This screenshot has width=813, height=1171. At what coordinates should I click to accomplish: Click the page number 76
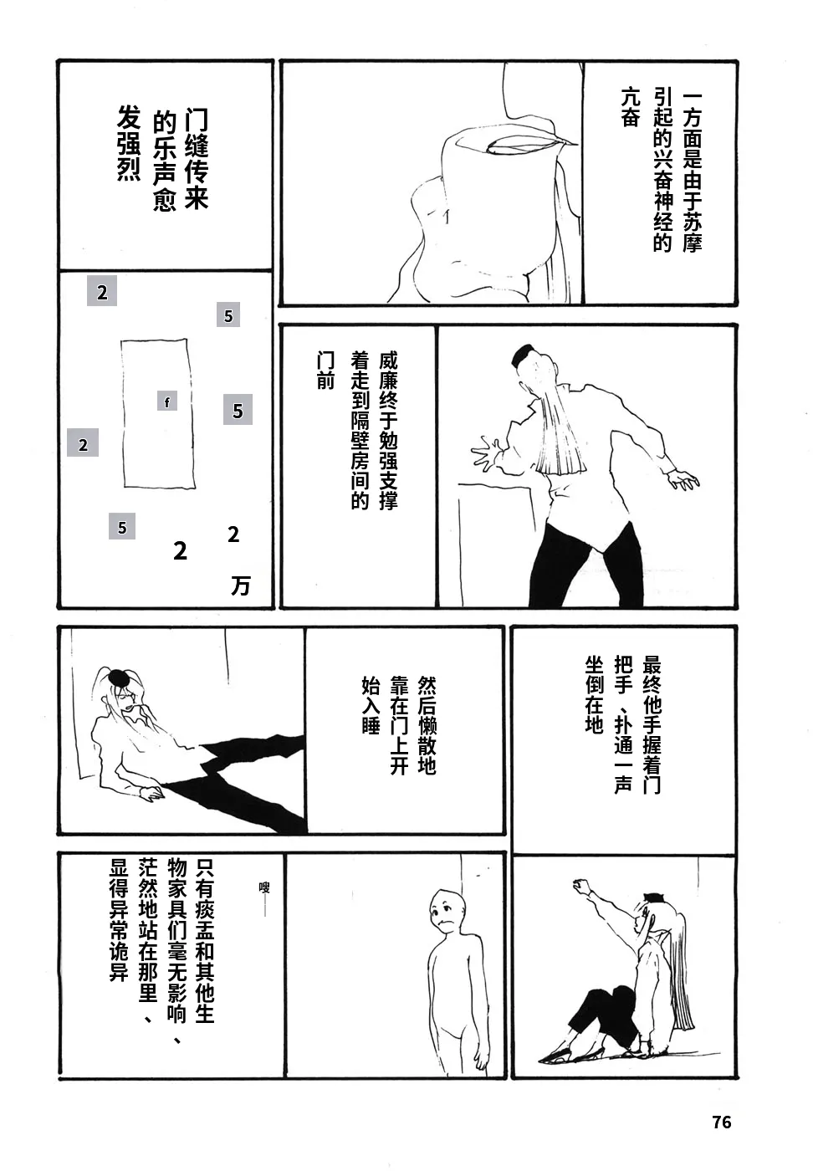722,1122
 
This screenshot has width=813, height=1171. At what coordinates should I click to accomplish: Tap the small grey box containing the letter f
167,401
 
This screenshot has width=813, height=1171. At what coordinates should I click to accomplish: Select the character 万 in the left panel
241,585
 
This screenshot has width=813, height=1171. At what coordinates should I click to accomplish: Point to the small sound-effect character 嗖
264,887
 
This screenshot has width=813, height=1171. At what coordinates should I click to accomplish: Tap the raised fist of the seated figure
580,885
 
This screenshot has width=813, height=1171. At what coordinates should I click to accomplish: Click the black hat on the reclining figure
117,678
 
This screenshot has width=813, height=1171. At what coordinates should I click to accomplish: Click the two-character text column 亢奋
630,107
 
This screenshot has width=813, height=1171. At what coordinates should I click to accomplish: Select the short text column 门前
325,370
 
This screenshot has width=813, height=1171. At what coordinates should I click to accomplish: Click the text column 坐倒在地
595,695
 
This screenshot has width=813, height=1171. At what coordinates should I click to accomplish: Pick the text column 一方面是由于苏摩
692,172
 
